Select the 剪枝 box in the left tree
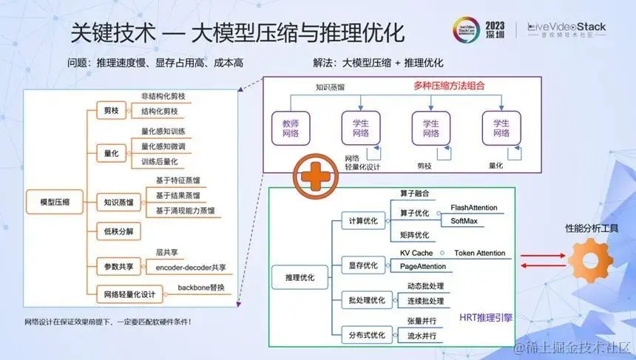[111, 111]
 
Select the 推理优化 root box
[300, 277]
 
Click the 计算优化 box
[362, 220]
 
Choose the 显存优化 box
[362, 264]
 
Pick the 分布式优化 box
[367, 335]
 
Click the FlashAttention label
[473, 208]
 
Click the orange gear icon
[591, 259]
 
